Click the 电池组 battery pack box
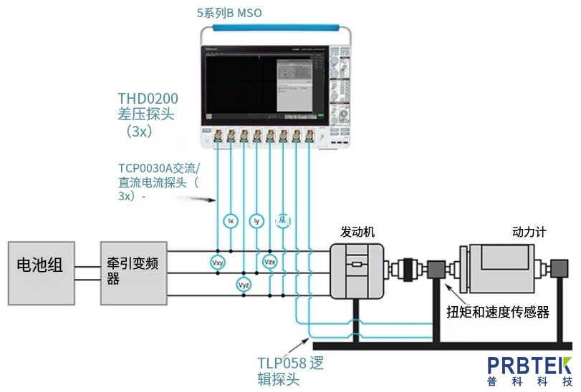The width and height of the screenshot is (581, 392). (40, 273)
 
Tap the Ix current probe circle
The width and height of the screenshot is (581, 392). (230, 221)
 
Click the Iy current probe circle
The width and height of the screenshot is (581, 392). (256, 221)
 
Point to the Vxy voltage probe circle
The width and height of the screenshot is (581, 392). (218, 263)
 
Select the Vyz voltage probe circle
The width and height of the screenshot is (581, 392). (244, 285)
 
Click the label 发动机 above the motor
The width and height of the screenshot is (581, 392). (357, 232)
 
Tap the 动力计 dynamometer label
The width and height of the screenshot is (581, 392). (529, 232)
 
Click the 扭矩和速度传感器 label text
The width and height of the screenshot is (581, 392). (497, 312)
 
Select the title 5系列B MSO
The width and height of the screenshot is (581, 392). (230, 12)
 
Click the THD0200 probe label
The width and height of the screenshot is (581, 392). (148, 98)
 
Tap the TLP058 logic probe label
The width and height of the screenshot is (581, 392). (289, 363)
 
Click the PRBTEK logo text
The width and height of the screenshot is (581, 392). (529, 364)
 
